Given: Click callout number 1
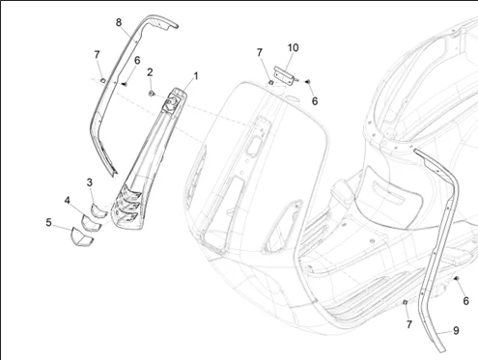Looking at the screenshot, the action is (x=195, y=76).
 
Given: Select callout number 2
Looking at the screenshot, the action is (x=150, y=72).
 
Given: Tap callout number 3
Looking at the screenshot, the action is (x=90, y=182).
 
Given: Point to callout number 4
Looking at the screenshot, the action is (x=67, y=201).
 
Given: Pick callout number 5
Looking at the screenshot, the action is (x=48, y=222).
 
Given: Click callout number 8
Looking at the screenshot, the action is (x=119, y=22).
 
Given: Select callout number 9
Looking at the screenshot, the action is (x=456, y=330).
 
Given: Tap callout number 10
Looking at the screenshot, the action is (x=293, y=47).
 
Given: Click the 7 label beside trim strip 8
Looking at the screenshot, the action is (x=97, y=55).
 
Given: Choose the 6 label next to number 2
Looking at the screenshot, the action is (x=137, y=60).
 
